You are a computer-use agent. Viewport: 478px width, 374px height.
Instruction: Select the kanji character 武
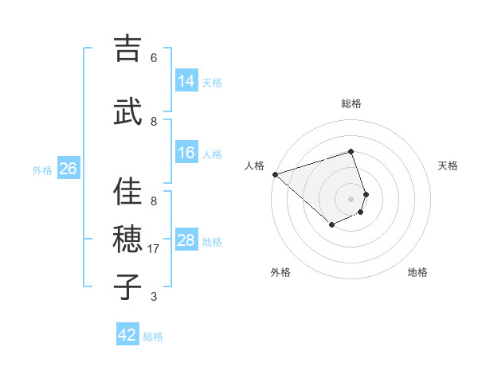point(127,112)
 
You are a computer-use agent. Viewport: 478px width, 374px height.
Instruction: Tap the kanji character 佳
point(127,192)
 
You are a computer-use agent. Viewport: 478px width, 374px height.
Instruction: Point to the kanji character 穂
point(127,240)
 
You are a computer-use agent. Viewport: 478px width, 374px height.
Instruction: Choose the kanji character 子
point(127,287)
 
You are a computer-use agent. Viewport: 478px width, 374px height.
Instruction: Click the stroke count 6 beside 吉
point(154,58)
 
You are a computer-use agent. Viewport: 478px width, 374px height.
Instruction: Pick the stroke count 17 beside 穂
point(155,249)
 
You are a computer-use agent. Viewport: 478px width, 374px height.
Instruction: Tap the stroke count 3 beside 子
point(154,297)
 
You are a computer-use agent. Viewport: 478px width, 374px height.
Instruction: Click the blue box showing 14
point(186,80)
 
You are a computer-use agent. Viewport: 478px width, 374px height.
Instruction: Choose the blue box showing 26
point(68,168)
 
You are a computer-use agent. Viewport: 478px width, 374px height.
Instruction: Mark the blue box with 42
point(127,335)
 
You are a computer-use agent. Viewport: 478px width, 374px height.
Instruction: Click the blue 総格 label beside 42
point(153,337)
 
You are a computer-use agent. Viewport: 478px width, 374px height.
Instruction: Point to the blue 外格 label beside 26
point(42,169)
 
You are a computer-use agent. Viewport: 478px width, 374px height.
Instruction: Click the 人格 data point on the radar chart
point(275,174)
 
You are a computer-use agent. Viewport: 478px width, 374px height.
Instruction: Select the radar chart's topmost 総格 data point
point(351,151)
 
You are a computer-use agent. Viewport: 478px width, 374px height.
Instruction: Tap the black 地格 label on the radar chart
point(417,272)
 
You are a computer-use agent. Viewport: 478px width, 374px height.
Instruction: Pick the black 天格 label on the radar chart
point(448,166)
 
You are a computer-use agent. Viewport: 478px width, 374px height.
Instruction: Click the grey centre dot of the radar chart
point(351,199)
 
